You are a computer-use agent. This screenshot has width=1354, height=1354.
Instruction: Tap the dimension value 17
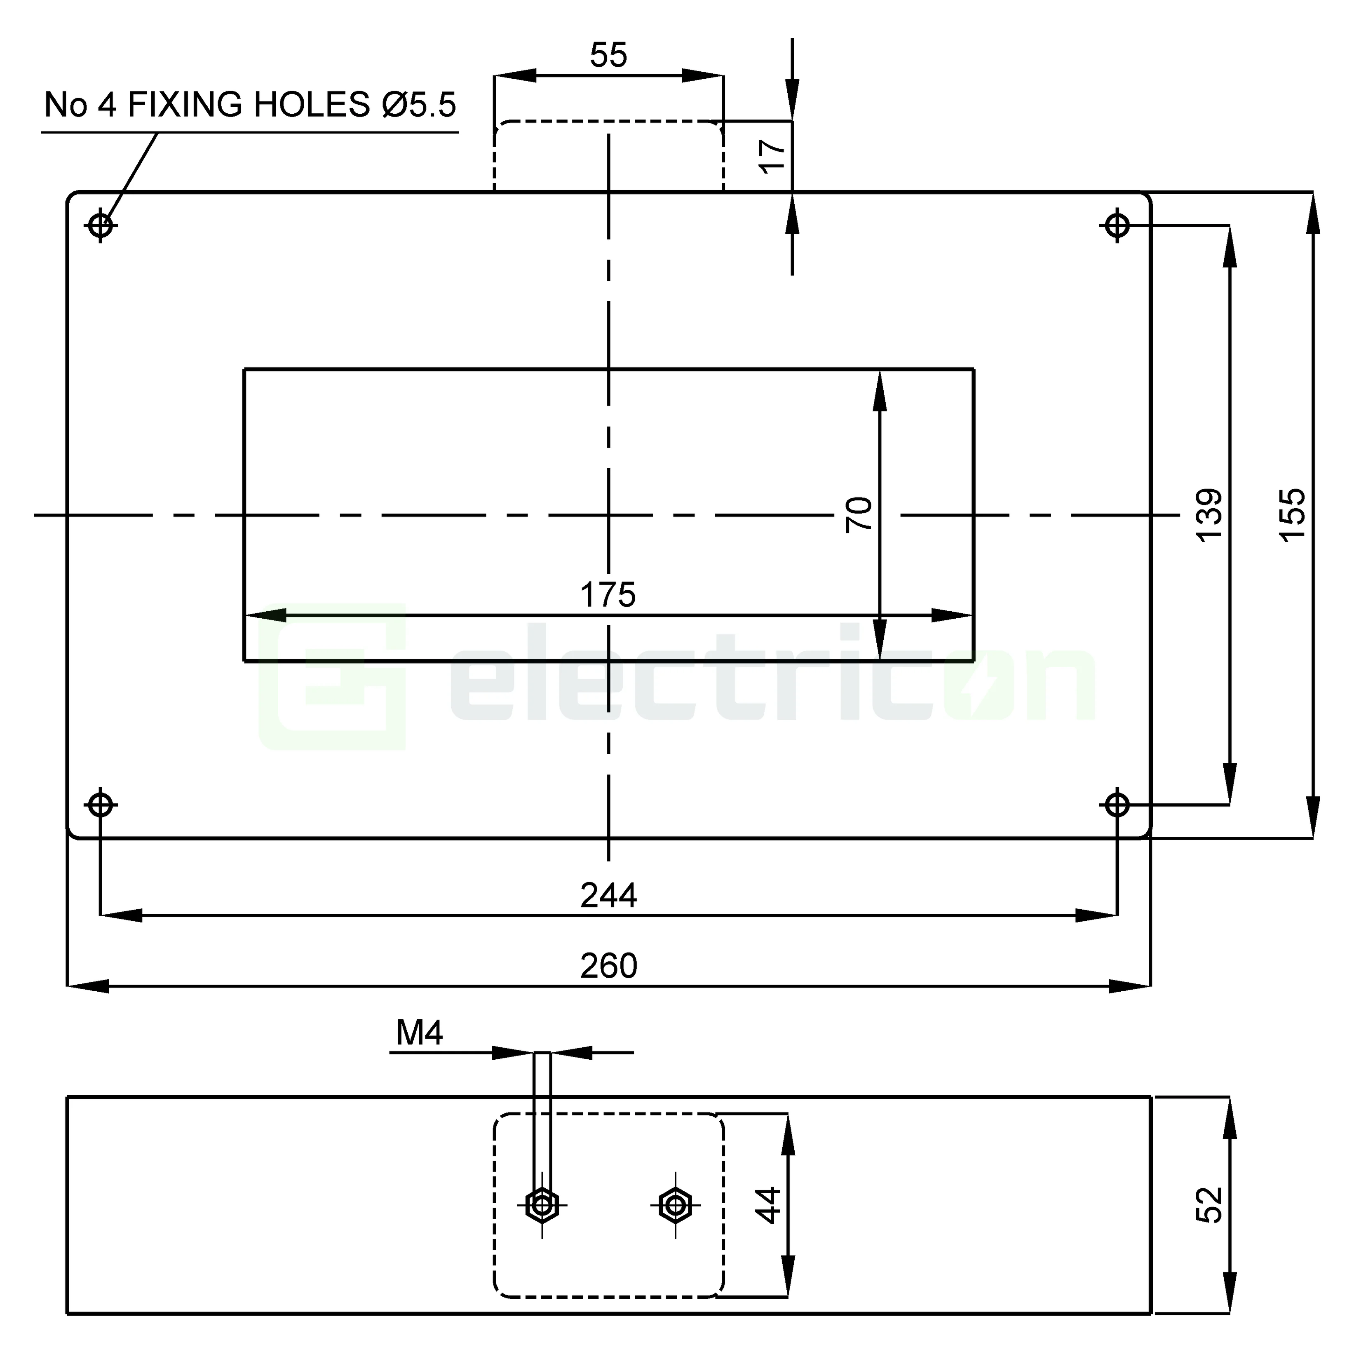pyautogui.click(x=772, y=155)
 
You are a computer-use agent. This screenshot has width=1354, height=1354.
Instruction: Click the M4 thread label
pyautogui.click(x=419, y=1033)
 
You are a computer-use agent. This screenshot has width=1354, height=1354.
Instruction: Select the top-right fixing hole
pyautogui.click(x=1117, y=225)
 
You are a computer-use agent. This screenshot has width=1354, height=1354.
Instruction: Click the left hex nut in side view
pyautogui.click(x=542, y=1206)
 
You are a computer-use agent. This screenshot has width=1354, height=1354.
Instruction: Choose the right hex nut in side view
pyautogui.click(x=675, y=1206)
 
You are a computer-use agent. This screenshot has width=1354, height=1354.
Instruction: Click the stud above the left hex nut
pyautogui.click(x=542, y=1121)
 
